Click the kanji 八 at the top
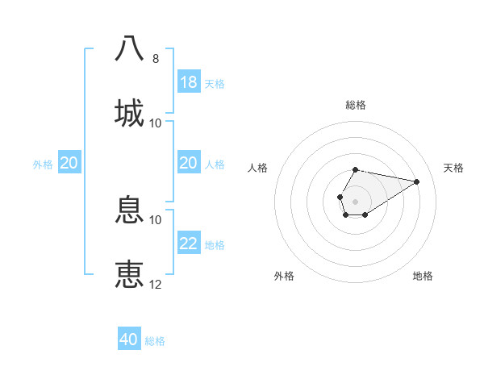coord(130,48)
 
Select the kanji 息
coord(130,210)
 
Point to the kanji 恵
coord(130,274)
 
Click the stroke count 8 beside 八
coord(156,59)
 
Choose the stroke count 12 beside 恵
coord(156,285)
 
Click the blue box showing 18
coord(189,82)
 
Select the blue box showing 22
coord(189,244)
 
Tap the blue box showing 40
coord(129,339)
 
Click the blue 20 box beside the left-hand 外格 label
coord(69,163)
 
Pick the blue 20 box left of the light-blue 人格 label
coord(189,163)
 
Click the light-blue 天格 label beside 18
coord(215,83)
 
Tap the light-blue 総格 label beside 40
coord(155,341)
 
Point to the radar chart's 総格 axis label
coord(356,105)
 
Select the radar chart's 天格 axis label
coord(453,168)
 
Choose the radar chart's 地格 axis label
coord(423,276)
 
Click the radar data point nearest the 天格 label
coord(417,181)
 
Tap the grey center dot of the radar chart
coord(355,200)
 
